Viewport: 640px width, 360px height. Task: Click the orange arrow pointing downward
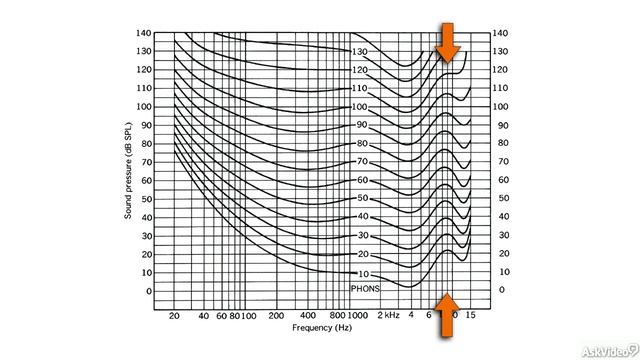[447, 40]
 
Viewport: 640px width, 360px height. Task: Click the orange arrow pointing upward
[447, 310]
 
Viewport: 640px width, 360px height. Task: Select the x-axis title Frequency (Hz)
[323, 328]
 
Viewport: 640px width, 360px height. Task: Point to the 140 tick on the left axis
[144, 33]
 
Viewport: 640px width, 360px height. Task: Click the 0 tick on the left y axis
[150, 292]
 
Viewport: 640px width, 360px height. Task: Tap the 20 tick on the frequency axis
[174, 315]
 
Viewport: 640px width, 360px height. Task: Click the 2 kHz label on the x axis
[388, 315]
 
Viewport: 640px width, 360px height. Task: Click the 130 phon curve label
[359, 51]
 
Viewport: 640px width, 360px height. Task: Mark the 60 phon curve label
[362, 180]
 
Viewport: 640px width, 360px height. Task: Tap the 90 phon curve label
[362, 125]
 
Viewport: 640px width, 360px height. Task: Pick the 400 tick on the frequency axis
[309, 315]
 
